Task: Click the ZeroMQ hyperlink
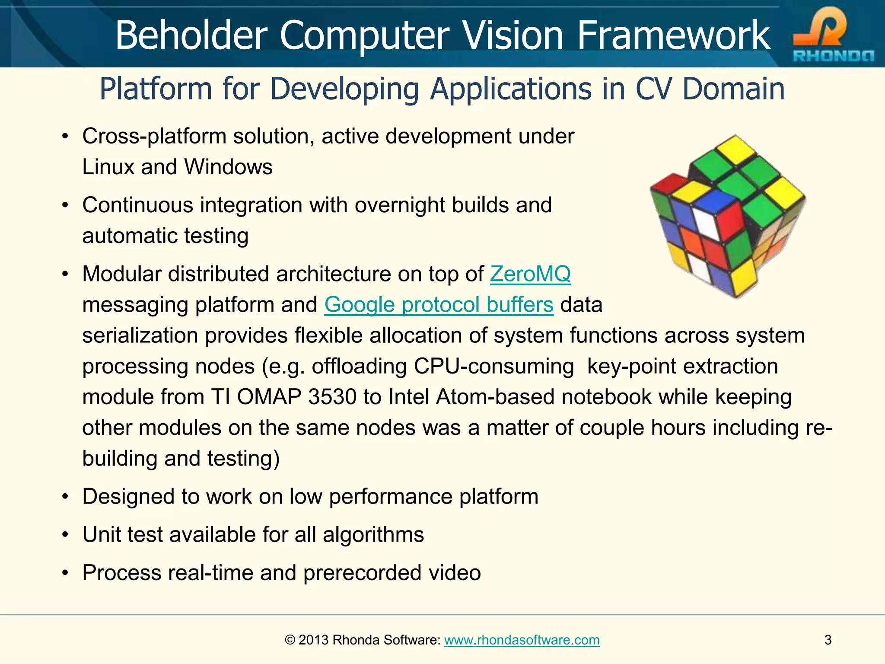[530, 274]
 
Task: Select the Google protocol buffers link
[439, 305]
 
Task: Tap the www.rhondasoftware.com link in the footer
[522, 640]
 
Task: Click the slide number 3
[828, 640]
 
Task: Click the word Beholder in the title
[191, 35]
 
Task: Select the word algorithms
[373, 535]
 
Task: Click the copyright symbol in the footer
[290, 640]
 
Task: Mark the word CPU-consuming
[493, 366]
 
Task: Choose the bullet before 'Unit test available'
[65, 535]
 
